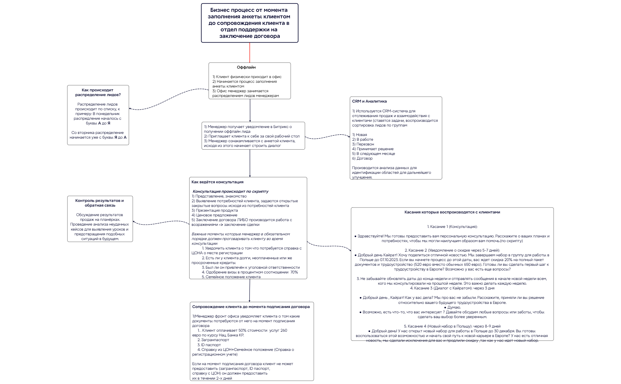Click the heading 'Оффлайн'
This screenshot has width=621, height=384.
click(246, 67)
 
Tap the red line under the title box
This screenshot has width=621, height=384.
click(250, 53)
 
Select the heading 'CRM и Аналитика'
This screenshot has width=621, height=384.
click(369, 101)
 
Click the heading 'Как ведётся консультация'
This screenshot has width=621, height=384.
click(217, 182)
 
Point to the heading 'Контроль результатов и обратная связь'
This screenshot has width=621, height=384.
click(100, 203)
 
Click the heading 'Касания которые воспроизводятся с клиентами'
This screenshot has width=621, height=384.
click(452, 212)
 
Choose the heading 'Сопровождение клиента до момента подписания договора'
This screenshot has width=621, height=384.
click(251, 307)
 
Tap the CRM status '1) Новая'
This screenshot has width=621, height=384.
click(360, 135)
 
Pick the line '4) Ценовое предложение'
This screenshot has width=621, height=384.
click(214, 215)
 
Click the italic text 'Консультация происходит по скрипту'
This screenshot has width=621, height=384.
click(231, 192)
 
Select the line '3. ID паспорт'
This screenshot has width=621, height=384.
click(209, 345)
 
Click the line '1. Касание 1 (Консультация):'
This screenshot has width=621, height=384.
click(452, 227)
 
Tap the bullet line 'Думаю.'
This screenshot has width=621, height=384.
click(452, 307)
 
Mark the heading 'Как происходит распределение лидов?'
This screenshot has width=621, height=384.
click(98, 93)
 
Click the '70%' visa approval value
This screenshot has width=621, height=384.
click(294, 272)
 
